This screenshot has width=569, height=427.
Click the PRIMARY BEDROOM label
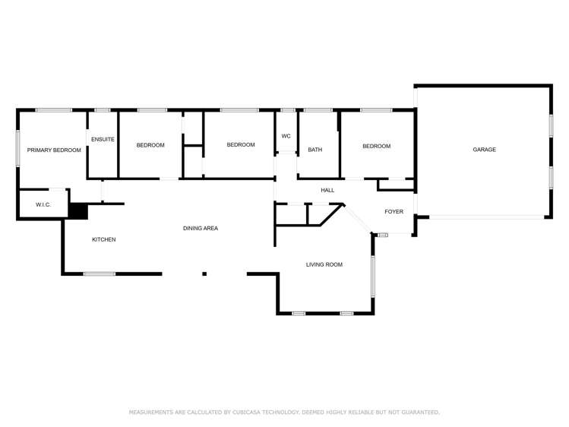click(54, 150)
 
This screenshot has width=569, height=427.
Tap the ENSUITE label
click(103, 139)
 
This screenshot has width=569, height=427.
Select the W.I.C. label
click(43, 205)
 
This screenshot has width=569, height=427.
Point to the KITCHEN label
click(104, 239)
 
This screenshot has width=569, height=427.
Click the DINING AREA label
click(201, 228)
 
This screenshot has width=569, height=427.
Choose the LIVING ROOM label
click(324, 264)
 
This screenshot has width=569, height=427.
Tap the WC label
click(286, 136)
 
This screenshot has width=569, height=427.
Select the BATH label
click(315, 150)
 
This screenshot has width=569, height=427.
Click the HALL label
click(327, 190)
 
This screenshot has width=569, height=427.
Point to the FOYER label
click(394, 211)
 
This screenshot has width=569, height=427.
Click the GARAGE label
click(485, 150)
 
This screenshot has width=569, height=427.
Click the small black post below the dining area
click(204, 274)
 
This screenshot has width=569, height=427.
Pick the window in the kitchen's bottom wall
click(100, 274)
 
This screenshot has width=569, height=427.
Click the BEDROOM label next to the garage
click(376, 146)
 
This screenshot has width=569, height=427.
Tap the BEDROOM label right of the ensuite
click(150, 145)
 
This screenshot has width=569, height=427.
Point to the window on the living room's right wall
click(372, 275)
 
